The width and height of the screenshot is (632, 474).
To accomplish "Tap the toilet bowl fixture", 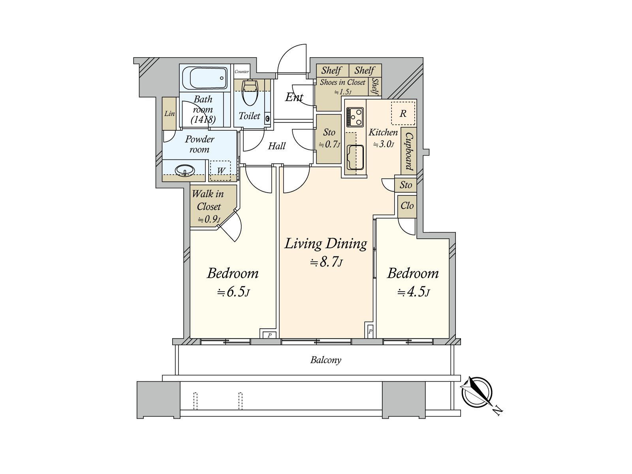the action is [249, 93].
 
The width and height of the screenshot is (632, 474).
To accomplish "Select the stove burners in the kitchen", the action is [355, 117].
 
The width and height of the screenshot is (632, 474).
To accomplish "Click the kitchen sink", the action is [355, 158].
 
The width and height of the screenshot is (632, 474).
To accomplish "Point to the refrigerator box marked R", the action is [403, 113].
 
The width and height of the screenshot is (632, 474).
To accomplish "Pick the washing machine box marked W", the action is [220, 170].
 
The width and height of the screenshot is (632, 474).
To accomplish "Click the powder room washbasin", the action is [184, 170].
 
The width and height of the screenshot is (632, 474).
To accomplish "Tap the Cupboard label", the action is [409, 151].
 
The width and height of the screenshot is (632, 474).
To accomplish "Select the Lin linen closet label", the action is [169, 113].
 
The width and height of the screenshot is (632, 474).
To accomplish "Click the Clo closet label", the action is [407, 205].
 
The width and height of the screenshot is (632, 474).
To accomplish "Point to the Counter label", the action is [242, 71].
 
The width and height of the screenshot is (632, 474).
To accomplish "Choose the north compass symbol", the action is [479, 394].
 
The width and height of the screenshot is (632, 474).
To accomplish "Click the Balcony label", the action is [325, 360].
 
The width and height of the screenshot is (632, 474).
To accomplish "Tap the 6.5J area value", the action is [233, 292].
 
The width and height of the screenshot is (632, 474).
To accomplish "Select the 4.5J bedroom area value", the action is [414, 292].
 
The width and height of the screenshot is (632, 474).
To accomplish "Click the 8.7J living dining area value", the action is [326, 262].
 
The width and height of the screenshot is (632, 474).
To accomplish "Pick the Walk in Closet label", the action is [208, 200].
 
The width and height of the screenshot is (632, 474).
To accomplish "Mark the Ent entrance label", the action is [294, 97].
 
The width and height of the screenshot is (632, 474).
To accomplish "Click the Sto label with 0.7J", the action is [329, 138].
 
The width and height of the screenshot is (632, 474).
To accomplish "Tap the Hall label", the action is [277, 146].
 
